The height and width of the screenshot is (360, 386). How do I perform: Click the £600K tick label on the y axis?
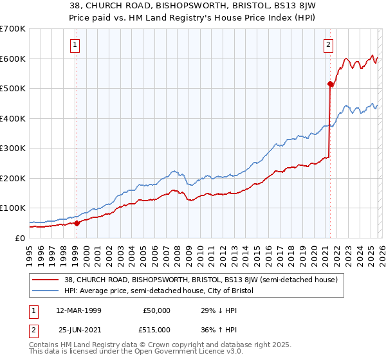tap(13, 59)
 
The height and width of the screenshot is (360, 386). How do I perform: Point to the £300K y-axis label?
tap(13, 148)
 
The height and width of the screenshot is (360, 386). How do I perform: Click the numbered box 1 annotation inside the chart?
tap(75, 44)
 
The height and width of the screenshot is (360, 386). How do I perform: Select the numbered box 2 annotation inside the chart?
tap(329, 44)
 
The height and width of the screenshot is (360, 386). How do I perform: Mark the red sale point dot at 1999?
tap(77, 223)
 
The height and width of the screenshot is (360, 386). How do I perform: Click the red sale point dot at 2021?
tap(330, 84)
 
